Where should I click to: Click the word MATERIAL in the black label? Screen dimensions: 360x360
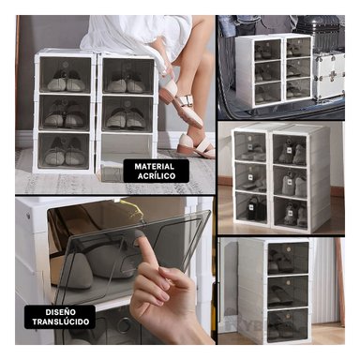[143, 166]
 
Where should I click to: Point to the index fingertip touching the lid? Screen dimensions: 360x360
[140, 246]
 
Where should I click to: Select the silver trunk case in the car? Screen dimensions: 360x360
[328, 76]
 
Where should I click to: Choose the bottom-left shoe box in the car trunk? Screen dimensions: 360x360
[266, 90]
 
